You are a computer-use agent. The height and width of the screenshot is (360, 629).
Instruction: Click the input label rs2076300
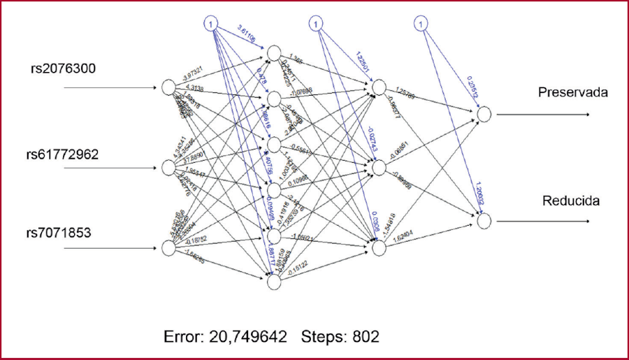[63, 69]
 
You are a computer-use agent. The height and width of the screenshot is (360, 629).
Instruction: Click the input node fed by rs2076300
[168, 87]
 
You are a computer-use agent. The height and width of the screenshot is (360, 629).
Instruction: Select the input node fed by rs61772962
[168, 168]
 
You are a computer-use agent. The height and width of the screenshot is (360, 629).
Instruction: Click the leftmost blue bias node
[212, 23]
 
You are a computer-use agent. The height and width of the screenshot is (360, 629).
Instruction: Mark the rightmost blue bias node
[420, 23]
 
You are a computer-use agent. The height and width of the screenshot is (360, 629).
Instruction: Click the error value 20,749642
[248, 336]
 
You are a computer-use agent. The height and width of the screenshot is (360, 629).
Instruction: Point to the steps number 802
[366, 336]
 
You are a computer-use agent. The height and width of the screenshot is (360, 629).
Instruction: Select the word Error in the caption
[184, 336]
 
